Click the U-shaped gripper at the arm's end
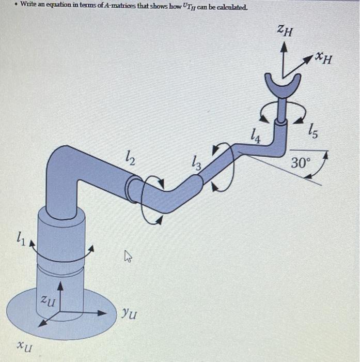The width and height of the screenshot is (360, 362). click(283, 85)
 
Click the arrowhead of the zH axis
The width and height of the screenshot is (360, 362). click(284, 47)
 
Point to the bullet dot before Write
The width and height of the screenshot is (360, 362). click(16, 8)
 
